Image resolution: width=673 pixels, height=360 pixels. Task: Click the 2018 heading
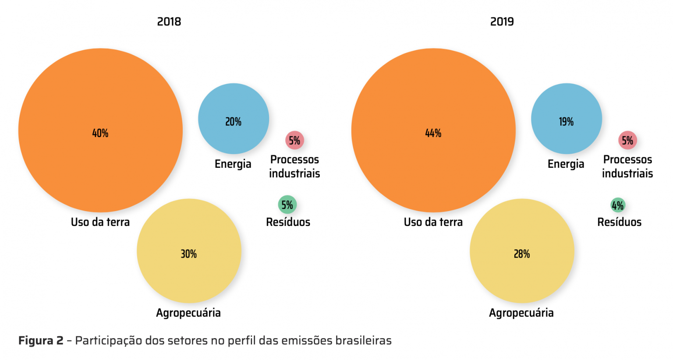tap(169, 21)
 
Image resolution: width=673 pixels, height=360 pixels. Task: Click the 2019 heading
tap(502, 21)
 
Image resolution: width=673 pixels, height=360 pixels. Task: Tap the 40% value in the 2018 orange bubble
tap(100, 133)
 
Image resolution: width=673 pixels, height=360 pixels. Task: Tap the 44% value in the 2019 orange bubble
tap(433, 133)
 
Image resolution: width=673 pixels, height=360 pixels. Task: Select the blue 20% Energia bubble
tap(234, 119)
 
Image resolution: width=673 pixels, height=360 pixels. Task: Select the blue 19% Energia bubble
tap(567, 119)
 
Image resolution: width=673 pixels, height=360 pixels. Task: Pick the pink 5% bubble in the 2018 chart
tap(294, 141)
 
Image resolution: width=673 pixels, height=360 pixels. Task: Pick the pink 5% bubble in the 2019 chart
tap(627, 141)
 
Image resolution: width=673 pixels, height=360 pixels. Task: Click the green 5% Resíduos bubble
tap(287, 205)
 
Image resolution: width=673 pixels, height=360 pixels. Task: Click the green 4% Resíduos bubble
tap(618, 205)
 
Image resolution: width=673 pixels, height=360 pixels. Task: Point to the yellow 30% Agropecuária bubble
tap(189, 251)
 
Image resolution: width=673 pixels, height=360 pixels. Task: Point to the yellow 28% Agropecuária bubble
tap(522, 251)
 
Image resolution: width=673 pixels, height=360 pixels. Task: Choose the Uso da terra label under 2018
tap(100, 222)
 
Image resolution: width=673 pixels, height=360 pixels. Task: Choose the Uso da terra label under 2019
tap(433, 222)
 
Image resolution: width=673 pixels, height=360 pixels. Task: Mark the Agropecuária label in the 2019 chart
tap(521, 313)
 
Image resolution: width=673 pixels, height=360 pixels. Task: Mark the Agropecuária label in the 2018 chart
tap(188, 313)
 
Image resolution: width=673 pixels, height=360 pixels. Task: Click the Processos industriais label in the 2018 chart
tap(294, 166)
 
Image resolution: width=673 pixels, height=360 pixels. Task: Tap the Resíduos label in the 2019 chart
tap(619, 222)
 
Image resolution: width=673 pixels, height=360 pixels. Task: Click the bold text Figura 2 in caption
tap(41, 341)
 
